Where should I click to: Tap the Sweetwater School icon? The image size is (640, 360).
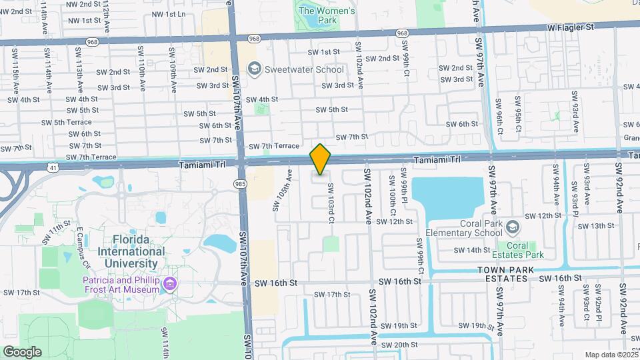pos(253,69)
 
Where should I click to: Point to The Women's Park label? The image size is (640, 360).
pos(327,15)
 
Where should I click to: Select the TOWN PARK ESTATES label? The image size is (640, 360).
pos(507,273)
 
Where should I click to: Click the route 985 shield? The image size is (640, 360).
pos(239,183)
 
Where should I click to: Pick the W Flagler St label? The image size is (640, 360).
pos(570,27)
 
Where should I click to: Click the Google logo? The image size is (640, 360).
pos(22,351)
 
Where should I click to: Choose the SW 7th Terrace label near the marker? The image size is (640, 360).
pos(274,146)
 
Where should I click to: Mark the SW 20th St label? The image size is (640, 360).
pos(399,344)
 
